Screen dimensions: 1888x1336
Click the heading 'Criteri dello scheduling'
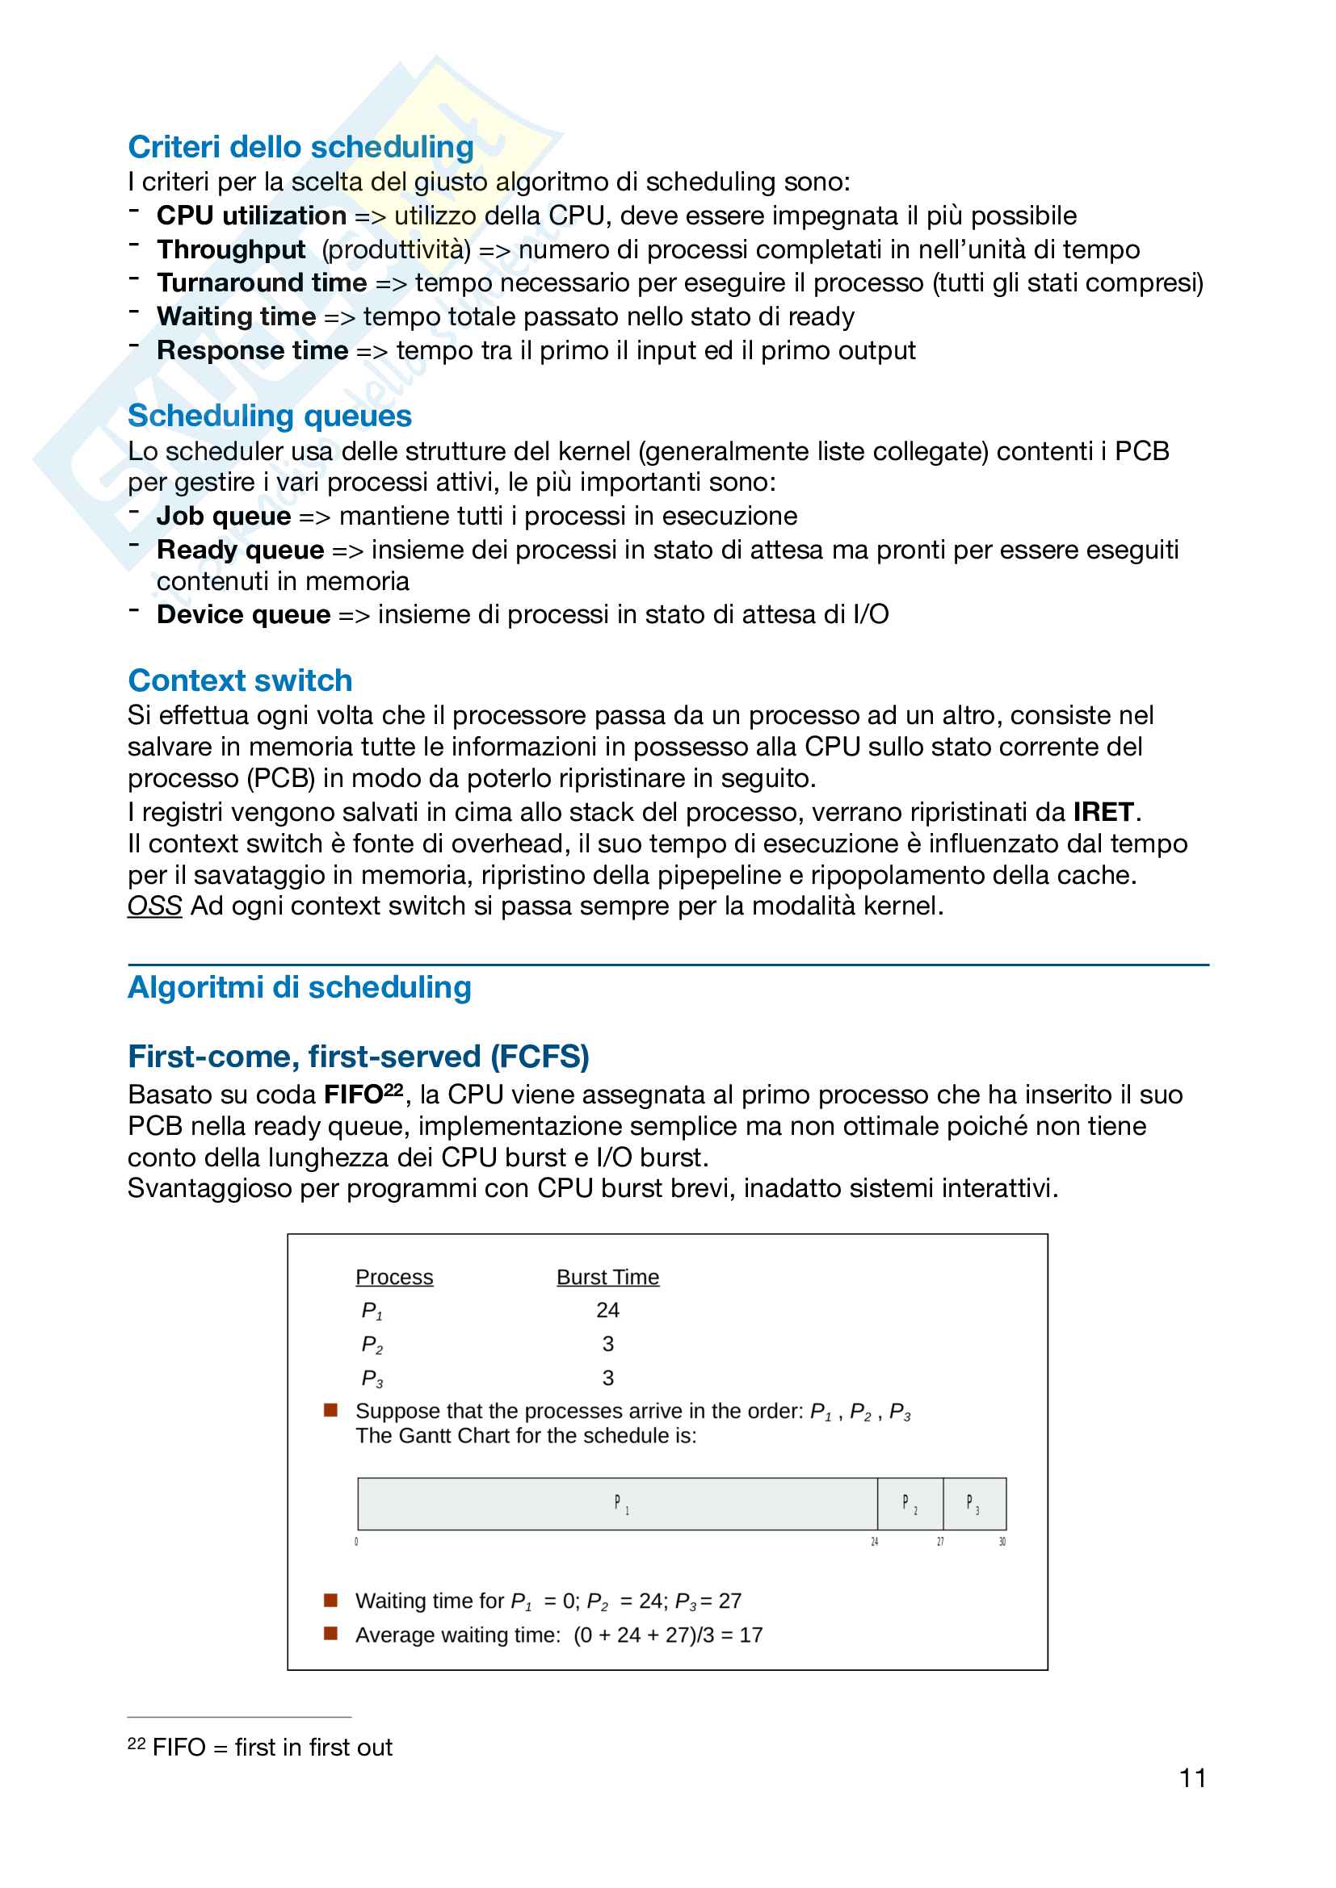(x=300, y=147)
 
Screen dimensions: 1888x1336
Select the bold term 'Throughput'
(x=231, y=249)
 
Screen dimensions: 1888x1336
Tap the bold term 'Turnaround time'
(x=262, y=283)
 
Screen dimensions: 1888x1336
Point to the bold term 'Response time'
(x=253, y=350)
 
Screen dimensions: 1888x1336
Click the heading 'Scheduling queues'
(x=269, y=416)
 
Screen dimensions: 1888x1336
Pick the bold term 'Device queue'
(x=243, y=614)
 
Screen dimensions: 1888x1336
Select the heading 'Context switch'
(x=239, y=681)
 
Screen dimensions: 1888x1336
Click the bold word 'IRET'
(x=1103, y=813)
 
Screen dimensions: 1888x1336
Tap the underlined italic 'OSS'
(x=153, y=906)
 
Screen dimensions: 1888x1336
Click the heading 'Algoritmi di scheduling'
(x=300, y=987)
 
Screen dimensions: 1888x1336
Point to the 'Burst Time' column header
(x=607, y=1277)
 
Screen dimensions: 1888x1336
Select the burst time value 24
(x=607, y=1310)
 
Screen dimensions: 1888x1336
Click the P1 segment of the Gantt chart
(x=619, y=1504)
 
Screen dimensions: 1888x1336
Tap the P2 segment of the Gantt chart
(x=909, y=1504)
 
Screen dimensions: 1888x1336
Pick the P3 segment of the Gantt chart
(x=973, y=1504)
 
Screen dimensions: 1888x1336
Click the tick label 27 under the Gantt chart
(x=940, y=1541)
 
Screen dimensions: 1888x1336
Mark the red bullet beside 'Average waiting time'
(x=330, y=1633)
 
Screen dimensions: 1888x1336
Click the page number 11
(x=1192, y=1779)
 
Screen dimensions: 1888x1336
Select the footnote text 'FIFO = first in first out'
(x=271, y=1747)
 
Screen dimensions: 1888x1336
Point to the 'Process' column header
(x=394, y=1277)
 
